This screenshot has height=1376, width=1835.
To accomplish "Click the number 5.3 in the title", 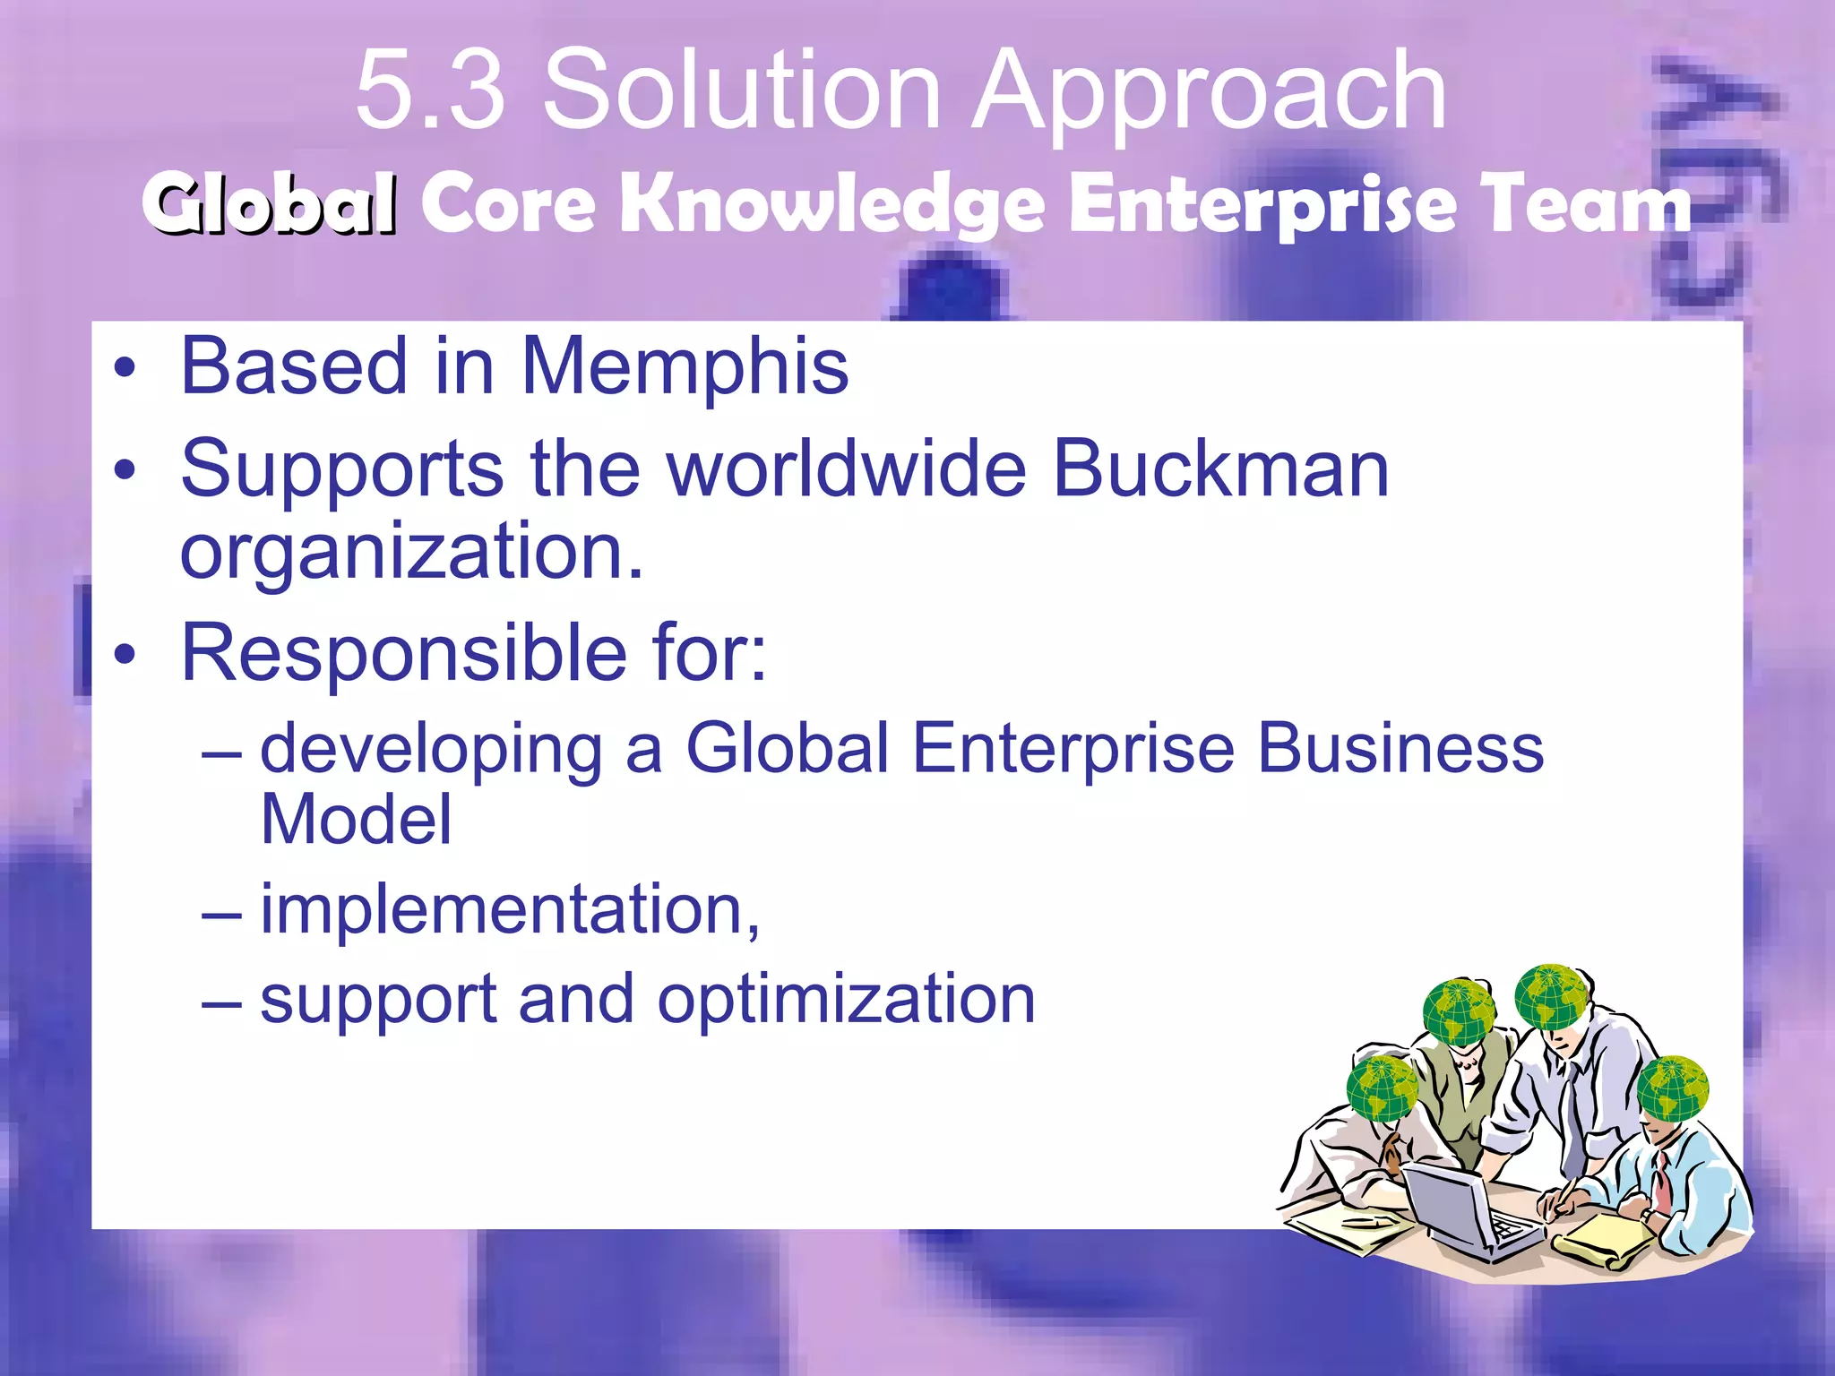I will coord(430,90).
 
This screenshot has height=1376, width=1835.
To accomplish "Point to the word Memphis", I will coord(685,366).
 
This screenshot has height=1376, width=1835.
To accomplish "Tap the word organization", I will coord(412,552).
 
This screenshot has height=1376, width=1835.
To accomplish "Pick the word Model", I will coord(356,819).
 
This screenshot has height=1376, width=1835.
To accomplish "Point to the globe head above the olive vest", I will coord(1459,1012).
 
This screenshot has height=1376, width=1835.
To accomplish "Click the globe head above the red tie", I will coord(1672,1088).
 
